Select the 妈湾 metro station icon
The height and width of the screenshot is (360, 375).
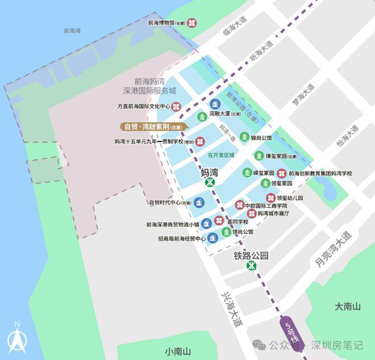coord(210,182)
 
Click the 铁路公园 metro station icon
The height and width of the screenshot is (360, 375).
coord(251,266)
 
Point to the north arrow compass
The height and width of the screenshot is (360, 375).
coord(17,337)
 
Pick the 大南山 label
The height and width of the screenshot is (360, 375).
coord(347,307)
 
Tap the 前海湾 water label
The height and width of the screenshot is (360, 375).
coord(72,31)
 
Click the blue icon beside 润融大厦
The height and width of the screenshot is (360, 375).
coord(215,103)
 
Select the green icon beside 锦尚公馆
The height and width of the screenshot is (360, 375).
coord(244,137)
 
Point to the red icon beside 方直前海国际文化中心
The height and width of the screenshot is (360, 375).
coord(177,106)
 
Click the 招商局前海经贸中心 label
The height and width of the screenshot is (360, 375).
coord(173,238)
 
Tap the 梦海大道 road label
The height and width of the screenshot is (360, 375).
coord(303,95)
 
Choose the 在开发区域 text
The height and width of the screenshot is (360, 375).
coord(221,154)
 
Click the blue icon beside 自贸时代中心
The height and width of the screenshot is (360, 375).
coord(199,202)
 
